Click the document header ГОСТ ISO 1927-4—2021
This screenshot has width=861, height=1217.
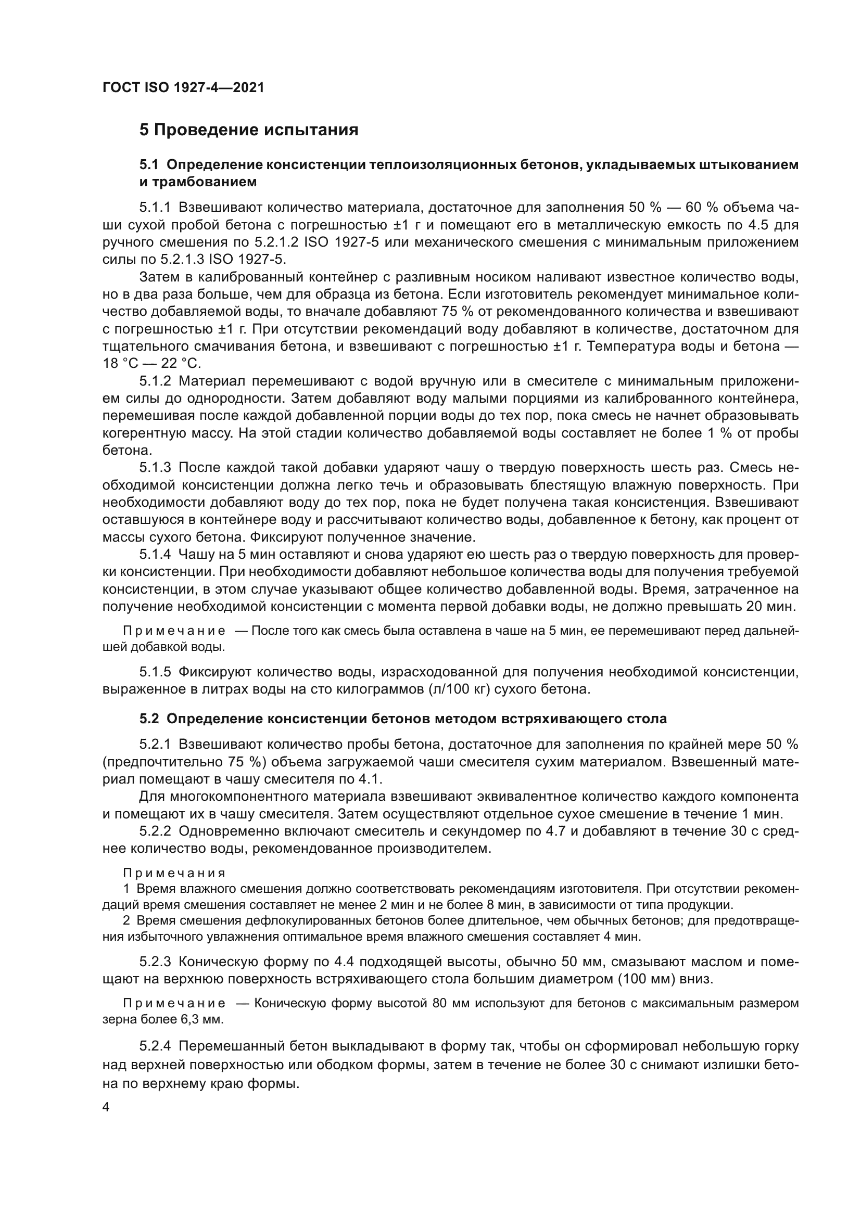click(x=183, y=88)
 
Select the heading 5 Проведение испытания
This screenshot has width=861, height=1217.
click(x=249, y=130)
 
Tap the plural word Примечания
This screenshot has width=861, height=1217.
click(x=174, y=873)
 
